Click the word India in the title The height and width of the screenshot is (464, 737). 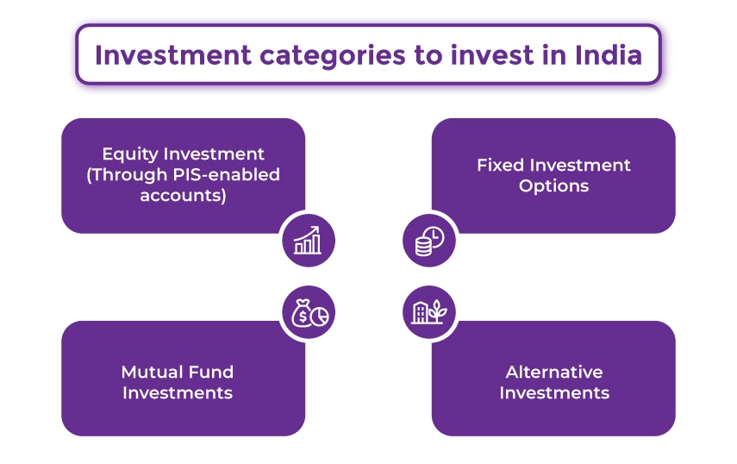(x=608, y=54)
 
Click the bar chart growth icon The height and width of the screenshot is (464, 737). (x=308, y=241)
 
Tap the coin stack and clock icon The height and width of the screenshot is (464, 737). (x=428, y=241)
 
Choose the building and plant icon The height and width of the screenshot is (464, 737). (x=428, y=311)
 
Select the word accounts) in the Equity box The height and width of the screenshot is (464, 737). (x=183, y=196)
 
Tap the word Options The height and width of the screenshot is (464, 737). (x=553, y=185)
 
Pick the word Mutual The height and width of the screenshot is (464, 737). (x=150, y=373)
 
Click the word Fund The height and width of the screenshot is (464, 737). (x=209, y=373)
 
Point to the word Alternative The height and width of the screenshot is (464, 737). (x=553, y=373)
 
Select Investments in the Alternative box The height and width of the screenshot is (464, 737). (x=553, y=393)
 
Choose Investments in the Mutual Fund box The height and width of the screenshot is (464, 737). (x=178, y=393)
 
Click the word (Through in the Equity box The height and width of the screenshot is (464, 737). (x=129, y=175)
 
